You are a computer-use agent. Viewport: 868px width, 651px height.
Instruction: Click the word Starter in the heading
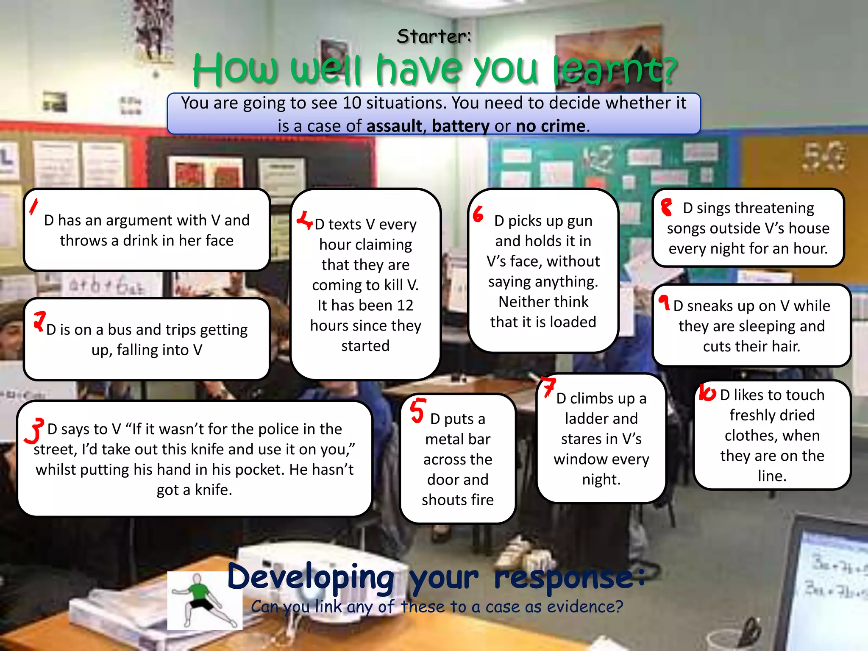click(x=433, y=36)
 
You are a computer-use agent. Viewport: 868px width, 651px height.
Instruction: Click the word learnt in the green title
click(x=615, y=70)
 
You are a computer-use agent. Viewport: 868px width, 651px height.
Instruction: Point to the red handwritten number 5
click(x=417, y=410)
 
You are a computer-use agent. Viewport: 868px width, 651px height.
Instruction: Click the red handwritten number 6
click(x=478, y=214)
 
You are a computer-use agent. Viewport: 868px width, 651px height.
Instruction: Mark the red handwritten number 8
click(x=667, y=208)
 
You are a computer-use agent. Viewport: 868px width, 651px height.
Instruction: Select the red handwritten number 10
click(x=707, y=392)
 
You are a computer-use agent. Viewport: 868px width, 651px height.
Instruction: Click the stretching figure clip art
click(x=205, y=600)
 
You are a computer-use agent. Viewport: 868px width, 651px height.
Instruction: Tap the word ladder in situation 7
click(x=601, y=419)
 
